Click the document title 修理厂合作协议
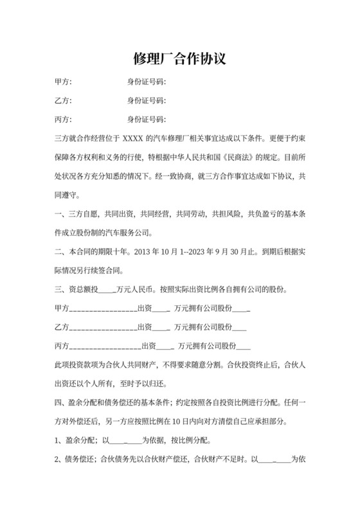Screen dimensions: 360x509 179,59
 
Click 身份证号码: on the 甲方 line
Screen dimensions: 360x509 147,82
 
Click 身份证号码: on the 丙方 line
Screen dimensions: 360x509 147,120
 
